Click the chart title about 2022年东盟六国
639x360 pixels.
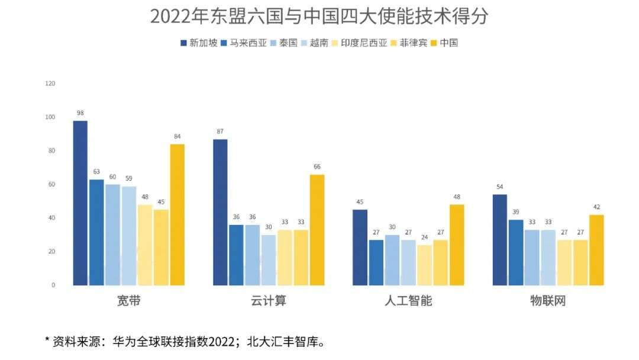coord(319,17)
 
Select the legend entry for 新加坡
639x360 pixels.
coord(199,43)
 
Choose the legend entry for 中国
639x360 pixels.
coord(444,43)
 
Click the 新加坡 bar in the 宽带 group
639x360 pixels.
coord(80,202)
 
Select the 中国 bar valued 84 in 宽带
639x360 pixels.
coord(177,214)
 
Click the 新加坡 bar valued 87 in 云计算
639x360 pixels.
coord(220,212)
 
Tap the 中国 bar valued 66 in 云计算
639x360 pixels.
coord(317,230)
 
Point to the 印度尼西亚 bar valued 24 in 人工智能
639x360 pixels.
coord(424,265)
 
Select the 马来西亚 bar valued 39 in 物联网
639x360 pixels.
coord(515,252)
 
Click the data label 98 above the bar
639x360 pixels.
coord(80,112)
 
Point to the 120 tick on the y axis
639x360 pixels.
coord(50,83)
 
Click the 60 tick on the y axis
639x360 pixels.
coord(51,184)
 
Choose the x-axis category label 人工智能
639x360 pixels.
coord(408,301)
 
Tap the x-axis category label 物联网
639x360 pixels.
coord(548,301)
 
